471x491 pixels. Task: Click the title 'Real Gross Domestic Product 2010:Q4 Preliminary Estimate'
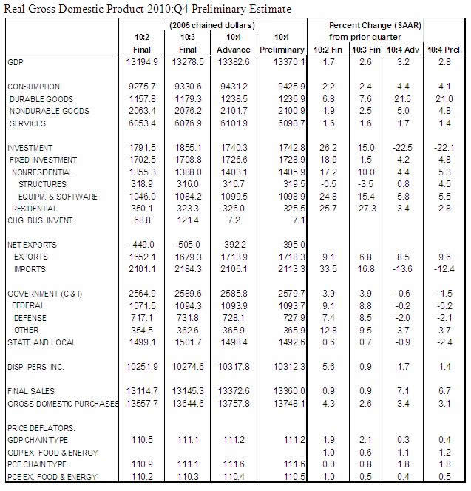(x=147, y=8)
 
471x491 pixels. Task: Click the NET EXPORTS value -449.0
(x=143, y=245)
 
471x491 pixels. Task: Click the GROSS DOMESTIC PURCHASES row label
(x=64, y=404)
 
